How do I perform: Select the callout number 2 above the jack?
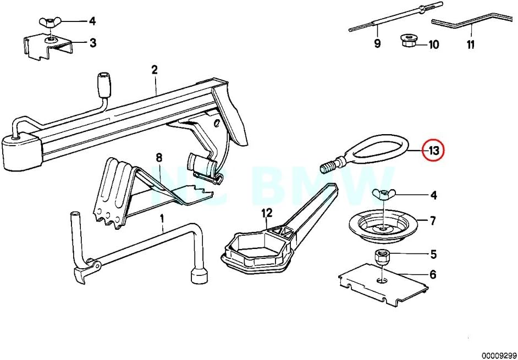155,70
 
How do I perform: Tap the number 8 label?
159,158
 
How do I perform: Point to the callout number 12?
267,212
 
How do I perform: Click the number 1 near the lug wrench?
162,219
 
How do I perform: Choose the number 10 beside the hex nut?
434,45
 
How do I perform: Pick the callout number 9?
377,45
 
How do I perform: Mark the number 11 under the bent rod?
471,45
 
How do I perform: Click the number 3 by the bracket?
92,42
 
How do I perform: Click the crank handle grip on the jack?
103,83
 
